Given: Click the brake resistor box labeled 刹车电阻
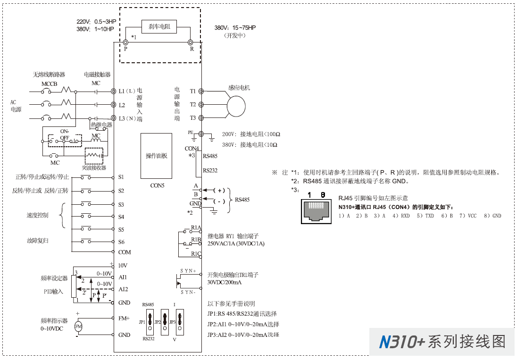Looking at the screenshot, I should coord(159,27).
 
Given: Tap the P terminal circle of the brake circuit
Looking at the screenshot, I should coord(125,42).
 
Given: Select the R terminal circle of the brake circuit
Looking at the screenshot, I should coord(191,42).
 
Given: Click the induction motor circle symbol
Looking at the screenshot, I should coord(237,104).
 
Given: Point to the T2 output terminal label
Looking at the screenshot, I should coord(193,104).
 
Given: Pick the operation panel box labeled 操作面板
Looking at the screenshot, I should coord(156,156).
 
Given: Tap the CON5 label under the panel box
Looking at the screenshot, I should coord(156,185).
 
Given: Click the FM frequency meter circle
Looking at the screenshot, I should coord(78,327).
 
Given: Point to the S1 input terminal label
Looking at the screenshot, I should coord(121,177).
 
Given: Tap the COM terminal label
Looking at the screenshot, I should coord(125,252).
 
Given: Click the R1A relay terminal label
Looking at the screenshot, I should coord(196,227).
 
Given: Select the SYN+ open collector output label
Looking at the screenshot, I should coord(188,270).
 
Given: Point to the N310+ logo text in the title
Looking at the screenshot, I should coord(402,342).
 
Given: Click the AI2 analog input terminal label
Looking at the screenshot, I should coord(123,289).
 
